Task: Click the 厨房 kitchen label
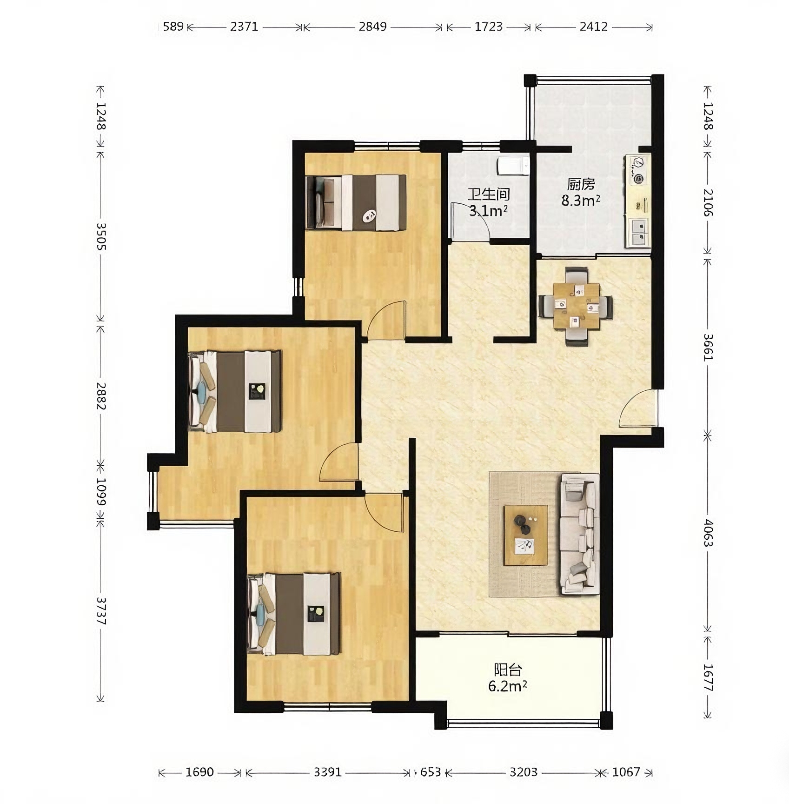tap(581, 184)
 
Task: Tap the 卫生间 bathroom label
tap(489, 194)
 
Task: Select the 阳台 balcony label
tap(508, 670)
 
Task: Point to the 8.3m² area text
tap(581, 201)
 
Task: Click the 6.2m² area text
tap(508, 686)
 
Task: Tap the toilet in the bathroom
tap(513, 166)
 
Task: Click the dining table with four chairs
tap(576, 306)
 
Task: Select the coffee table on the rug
tap(526, 535)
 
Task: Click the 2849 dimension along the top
tap(372, 27)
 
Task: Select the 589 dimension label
tap(173, 27)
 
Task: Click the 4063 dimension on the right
tap(708, 533)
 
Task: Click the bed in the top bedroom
tap(356, 202)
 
